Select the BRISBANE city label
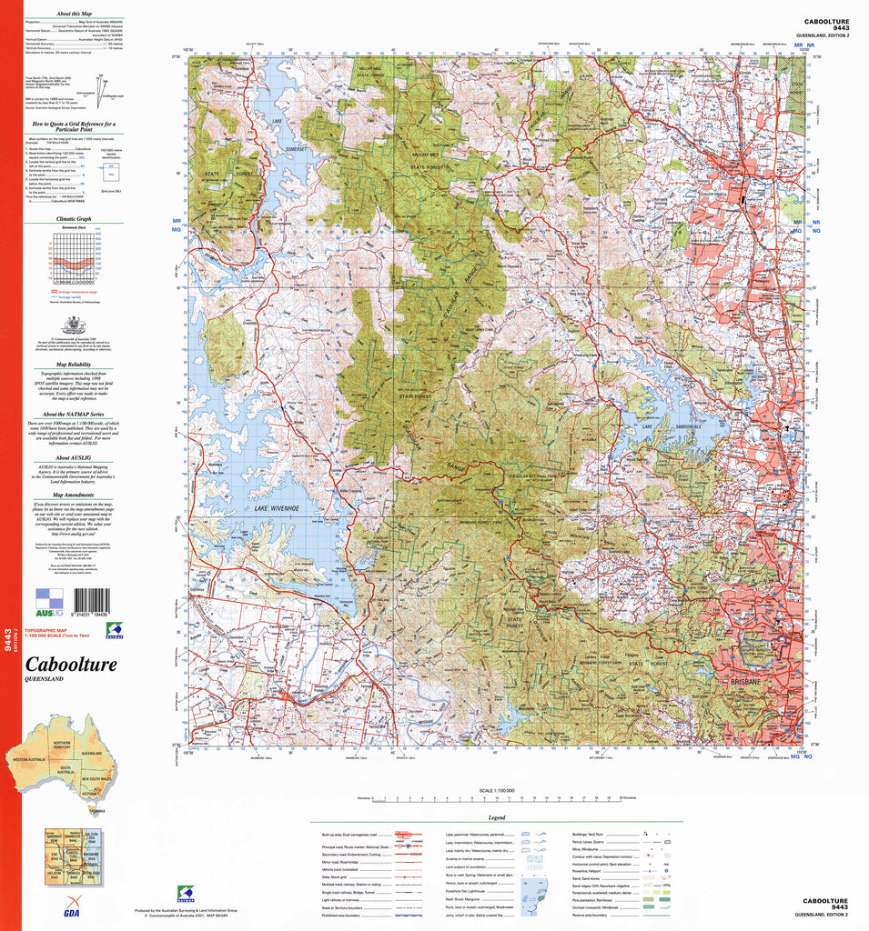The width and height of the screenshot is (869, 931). point(743,680)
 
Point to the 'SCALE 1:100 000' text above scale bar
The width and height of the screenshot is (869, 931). point(497,791)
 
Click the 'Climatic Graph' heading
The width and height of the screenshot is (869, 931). point(73,219)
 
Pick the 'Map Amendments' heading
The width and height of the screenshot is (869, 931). point(73,494)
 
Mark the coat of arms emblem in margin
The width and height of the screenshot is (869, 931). point(73,325)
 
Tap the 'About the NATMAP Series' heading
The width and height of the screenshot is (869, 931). point(73,414)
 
